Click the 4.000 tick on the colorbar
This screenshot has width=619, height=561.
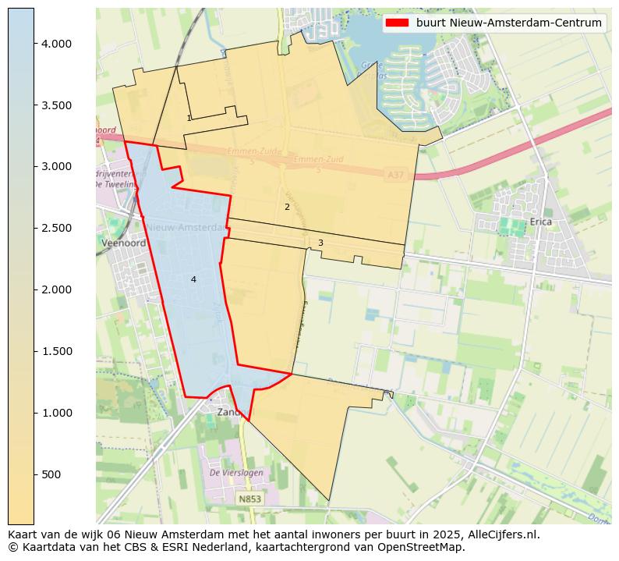(x=56, y=44)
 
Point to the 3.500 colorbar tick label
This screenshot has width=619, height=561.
(x=56, y=105)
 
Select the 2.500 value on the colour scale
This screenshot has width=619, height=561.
(x=56, y=228)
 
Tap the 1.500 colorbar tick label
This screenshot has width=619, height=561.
(x=56, y=351)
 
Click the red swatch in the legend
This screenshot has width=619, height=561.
(x=397, y=23)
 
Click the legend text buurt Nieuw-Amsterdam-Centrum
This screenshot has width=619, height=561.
(x=508, y=23)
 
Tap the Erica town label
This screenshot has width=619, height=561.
(x=540, y=222)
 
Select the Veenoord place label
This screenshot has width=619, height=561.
(x=118, y=243)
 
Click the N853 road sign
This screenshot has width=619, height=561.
(x=249, y=499)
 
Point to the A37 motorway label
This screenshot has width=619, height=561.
(x=396, y=176)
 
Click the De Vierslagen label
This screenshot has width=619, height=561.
(x=236, y=473)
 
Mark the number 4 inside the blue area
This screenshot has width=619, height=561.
(x=193, y=279)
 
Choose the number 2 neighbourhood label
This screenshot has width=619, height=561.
(x=287, y=207)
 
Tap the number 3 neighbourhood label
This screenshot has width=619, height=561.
(x=320, y=243)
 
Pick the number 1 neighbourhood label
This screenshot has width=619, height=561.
(x=189, y=118)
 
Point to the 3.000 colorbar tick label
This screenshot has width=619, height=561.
(x=56, y=166)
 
